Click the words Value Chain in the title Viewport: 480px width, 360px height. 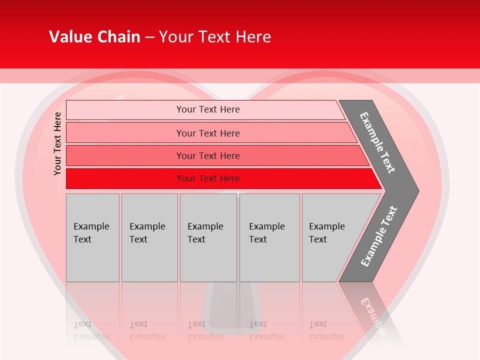pos(94,36)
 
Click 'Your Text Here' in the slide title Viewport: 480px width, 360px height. pos(215,36)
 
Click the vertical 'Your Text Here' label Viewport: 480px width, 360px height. pos(57,143)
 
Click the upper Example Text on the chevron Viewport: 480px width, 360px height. pos(377,142)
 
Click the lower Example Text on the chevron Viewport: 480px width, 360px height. pos(379,236)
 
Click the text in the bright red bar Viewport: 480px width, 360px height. pos(208,178)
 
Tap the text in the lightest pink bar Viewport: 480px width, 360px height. pos(208,109)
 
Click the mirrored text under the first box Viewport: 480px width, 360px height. pos(91,330)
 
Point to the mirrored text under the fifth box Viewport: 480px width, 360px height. pos(327,330)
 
